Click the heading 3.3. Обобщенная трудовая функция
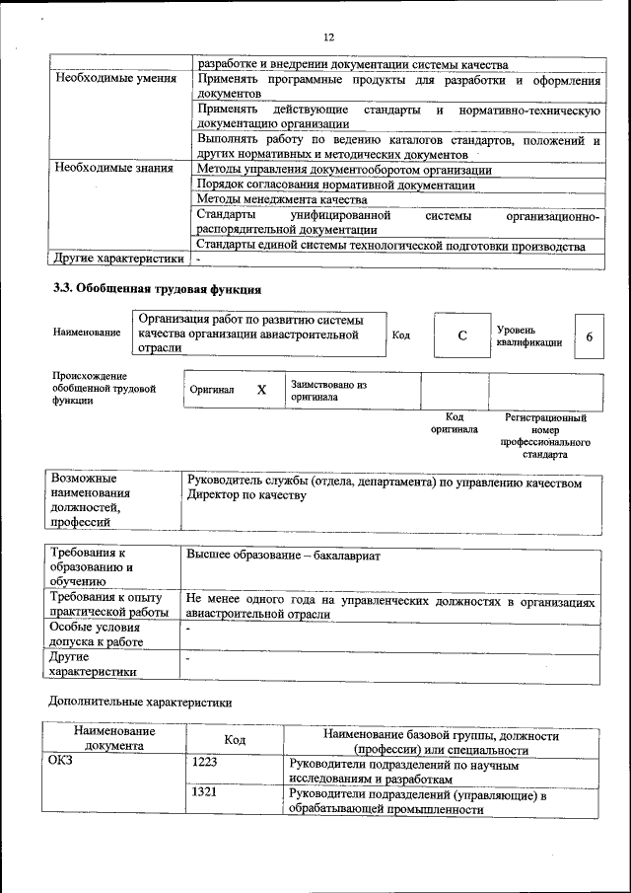(x=156, y=290)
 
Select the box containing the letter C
(x=461, y=336)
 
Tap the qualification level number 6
(x=589, y=336)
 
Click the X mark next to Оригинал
(x=261, y=390)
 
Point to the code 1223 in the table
(x=205, y=763)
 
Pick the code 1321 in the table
(x=205, y=792)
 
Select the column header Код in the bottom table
(x=235, y=740)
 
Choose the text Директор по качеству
(x=242, y=495)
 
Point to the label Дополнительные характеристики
(x=141, y=703)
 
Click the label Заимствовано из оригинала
(x=328, y=391)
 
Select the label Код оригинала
(x=455, y=423)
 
